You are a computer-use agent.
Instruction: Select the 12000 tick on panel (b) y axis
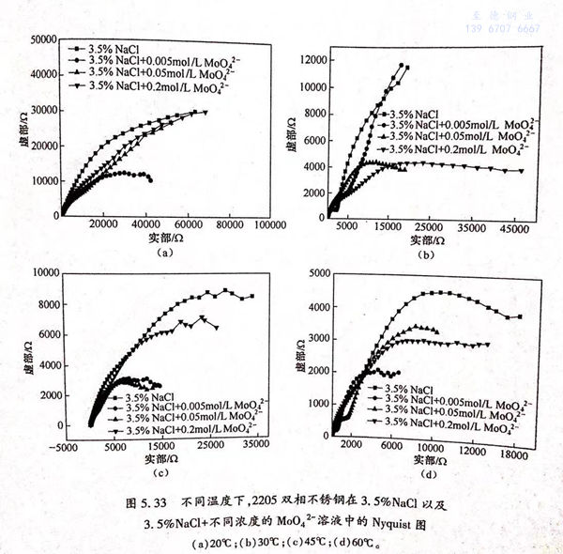click(312, 60)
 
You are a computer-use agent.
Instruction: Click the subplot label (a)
click(164, 253)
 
